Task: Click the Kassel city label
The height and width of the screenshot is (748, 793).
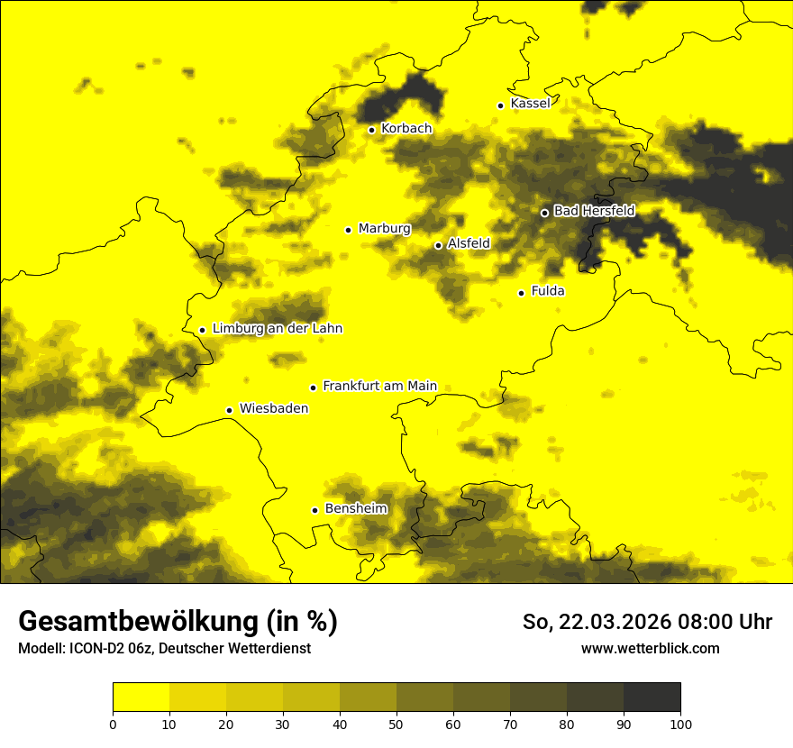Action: tap(530, 104)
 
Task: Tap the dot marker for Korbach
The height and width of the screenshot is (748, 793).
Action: tap(371, 130)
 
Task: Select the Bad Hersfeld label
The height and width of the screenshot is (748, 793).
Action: tap(594, 211)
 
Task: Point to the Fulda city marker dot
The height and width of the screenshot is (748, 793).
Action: tap(521, 293)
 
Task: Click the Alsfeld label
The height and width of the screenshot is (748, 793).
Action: tap(469, 243)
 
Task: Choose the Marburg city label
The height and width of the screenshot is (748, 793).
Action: tap(384, 229)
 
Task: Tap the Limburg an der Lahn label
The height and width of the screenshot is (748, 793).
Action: tap(277, 329)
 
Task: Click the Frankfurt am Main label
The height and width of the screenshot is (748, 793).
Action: tap(379, 386)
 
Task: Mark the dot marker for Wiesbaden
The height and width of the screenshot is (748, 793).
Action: tap(230, 410)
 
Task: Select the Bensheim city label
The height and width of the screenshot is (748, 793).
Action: tap(356, 508)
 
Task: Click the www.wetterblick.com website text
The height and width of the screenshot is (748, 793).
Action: tap(650, 648)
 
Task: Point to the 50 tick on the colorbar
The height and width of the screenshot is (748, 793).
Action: tap(396, 723)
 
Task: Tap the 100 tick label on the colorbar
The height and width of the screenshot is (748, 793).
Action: tap(680, 724)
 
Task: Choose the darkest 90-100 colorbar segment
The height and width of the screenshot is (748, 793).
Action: tap(652, 698)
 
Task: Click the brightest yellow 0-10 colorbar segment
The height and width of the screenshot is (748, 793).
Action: tap(141, 698)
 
